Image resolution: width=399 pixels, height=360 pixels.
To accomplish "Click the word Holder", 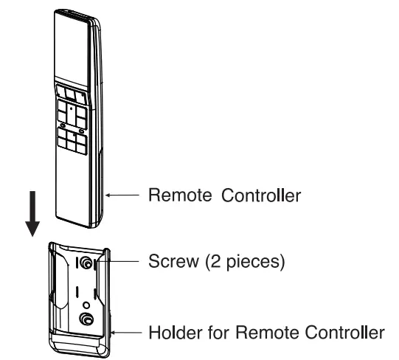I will coord(170,333).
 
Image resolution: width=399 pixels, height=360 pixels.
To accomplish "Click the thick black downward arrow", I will coord(32,214).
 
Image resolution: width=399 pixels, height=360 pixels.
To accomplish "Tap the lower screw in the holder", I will coord(87,319).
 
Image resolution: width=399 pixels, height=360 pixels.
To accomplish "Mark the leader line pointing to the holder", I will coord(129,333).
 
